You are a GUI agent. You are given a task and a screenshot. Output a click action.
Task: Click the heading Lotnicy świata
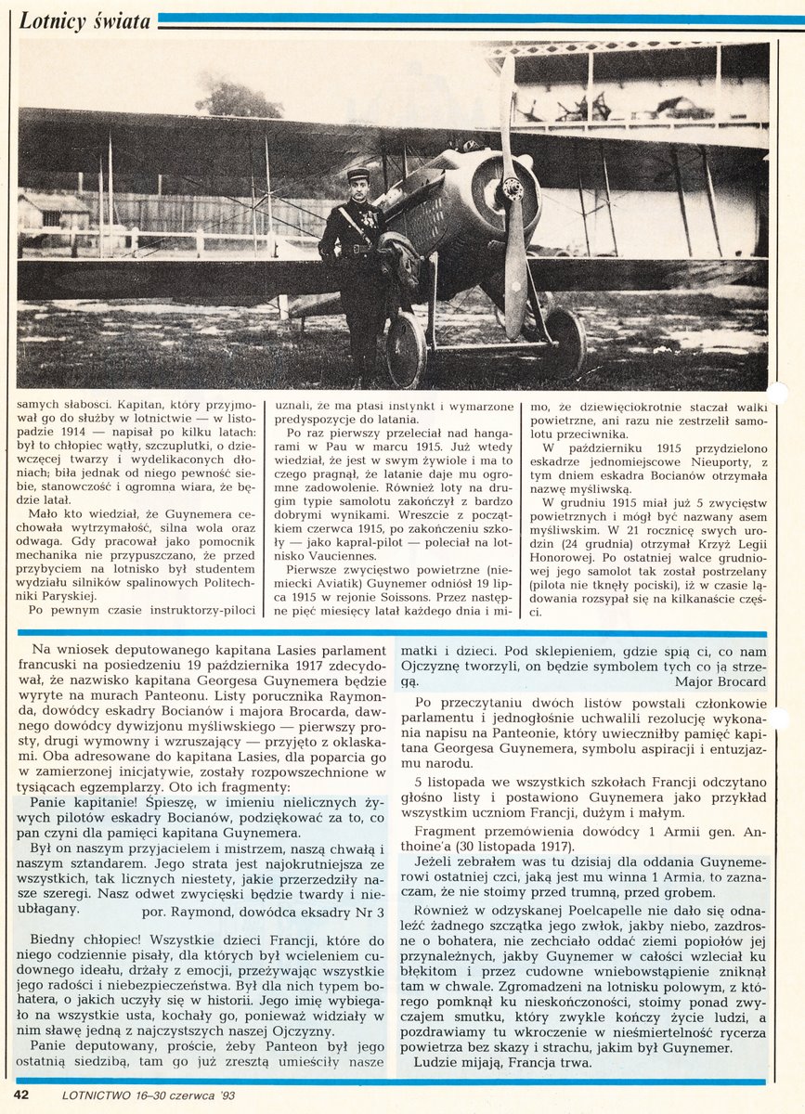point(84,21)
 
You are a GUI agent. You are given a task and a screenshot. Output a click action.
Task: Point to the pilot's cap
point(357,174)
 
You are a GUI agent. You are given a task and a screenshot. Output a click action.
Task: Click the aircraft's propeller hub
point(513,189)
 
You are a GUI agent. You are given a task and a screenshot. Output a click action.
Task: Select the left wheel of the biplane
point(406,349)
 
